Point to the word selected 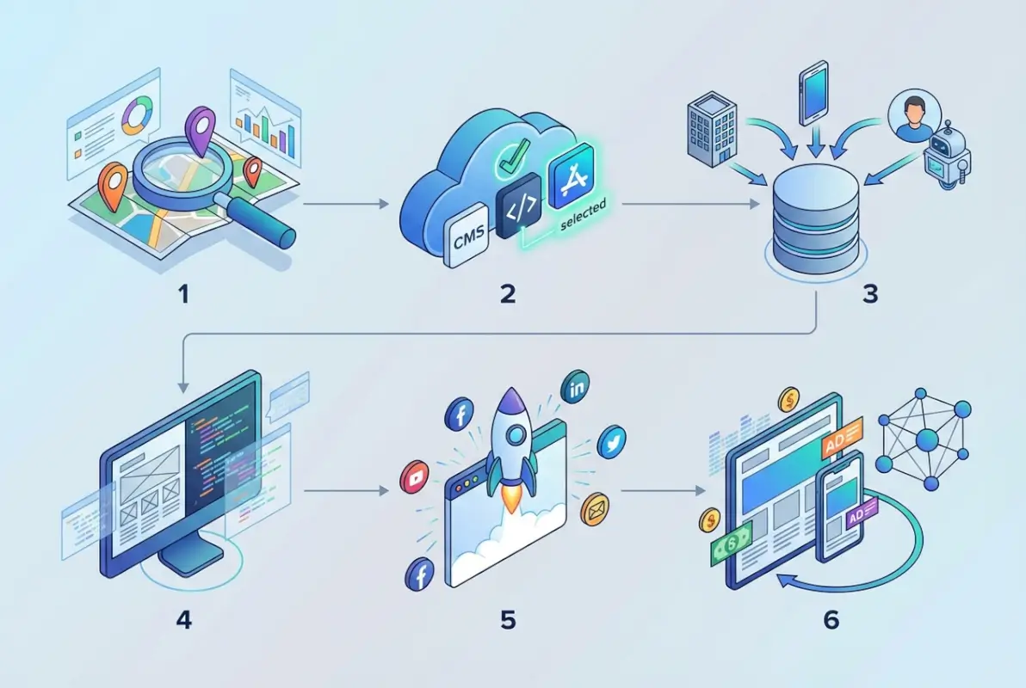pos(583,215)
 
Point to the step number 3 pos(869,293)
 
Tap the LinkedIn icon pos(574,389)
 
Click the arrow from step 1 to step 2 pos(342,205)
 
